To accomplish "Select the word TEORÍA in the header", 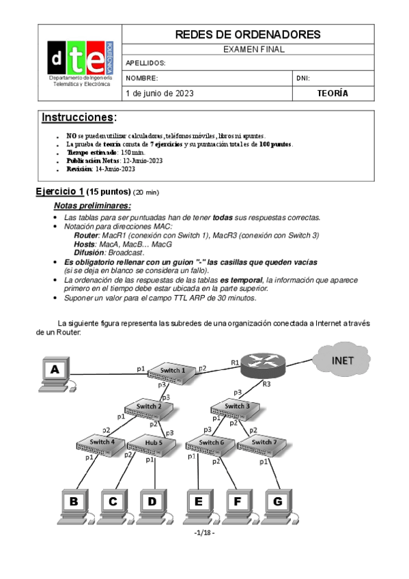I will (333, 94).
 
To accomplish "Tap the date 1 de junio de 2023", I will (155, 94).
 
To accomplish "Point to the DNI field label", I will (303, 78).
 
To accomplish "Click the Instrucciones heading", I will (79, 117).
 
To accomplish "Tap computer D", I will (151, 504).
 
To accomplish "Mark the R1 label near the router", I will (235, 362).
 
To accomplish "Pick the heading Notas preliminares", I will (92, 206).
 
